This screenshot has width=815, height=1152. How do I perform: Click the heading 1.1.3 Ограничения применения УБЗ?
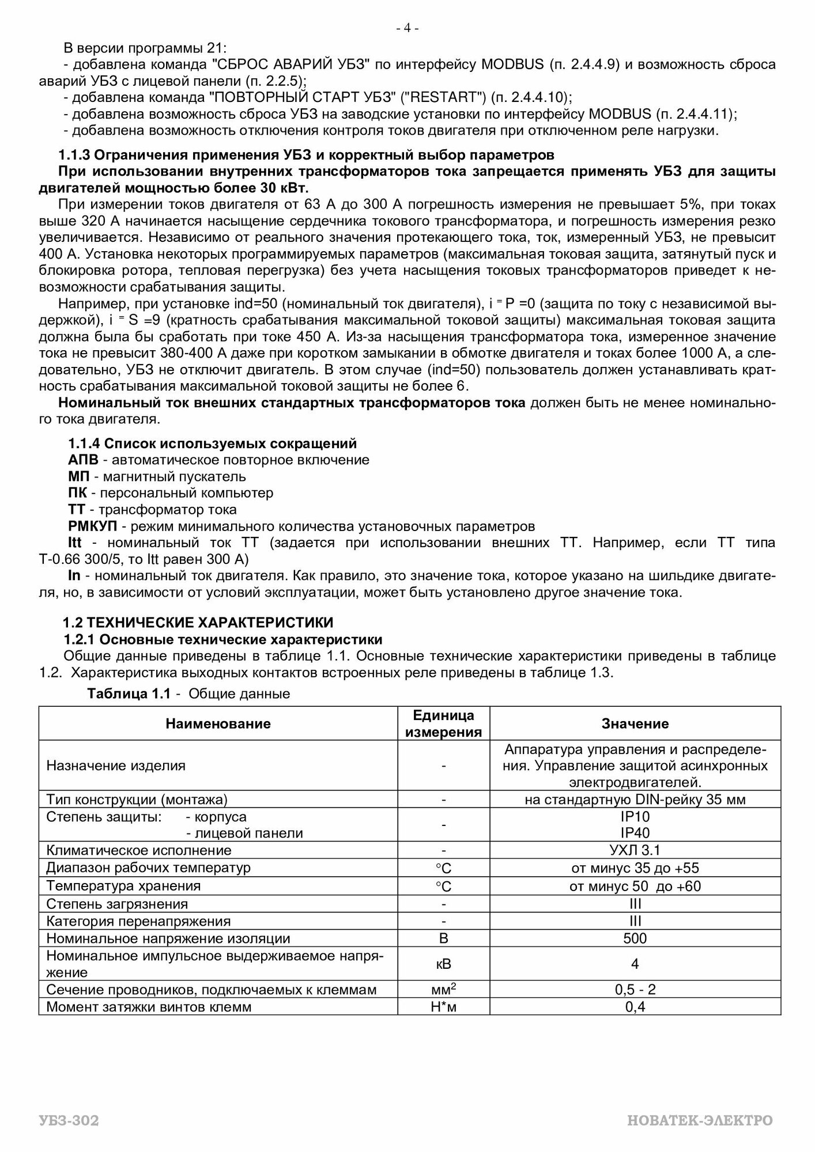pos(306,155)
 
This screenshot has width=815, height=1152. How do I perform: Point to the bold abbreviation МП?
pos(77,476)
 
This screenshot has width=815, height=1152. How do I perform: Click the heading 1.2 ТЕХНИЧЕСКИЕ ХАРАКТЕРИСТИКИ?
pos(198,622)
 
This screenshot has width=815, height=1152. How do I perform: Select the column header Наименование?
pos(218,723)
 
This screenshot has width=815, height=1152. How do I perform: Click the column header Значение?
pos(635,723)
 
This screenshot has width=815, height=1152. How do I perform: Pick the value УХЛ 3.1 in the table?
pos(635,850)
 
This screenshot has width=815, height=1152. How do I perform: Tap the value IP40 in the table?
pos(635,833)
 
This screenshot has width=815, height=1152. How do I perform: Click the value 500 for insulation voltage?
pos(635,938)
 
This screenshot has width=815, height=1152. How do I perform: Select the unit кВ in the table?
pos(443,964)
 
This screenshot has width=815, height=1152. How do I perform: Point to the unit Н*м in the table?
pos(443,1007)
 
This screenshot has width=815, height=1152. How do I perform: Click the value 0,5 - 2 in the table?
pos(635,990)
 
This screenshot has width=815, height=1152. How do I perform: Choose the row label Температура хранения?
pos(123,886)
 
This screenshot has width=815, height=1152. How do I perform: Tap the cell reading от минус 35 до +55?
pos(635,868)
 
